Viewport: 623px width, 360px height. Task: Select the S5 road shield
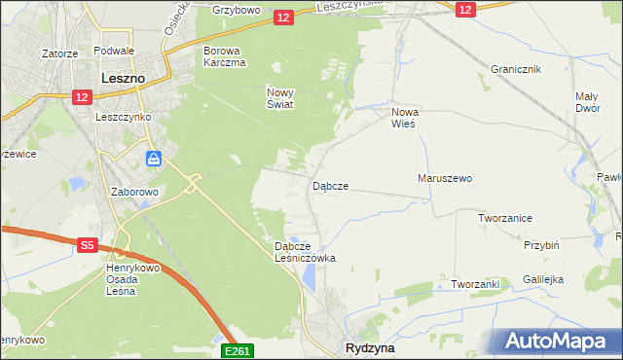(87, 246)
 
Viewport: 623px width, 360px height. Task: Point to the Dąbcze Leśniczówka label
(306, 252)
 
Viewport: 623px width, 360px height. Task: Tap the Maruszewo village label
(444, 179)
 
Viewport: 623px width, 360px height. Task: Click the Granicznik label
(516, 70)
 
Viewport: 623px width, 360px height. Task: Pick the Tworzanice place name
(504, 218)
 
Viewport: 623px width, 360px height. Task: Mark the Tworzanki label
(475, 284)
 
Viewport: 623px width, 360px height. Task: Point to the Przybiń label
(541, 247)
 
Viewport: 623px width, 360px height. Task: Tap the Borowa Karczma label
(224, 55)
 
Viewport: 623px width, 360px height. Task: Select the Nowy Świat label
(279, 98)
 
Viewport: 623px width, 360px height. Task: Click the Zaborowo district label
(134, 193)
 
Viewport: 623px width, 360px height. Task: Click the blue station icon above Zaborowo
(154, 159)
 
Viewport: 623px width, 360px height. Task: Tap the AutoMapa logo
(558, 342)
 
